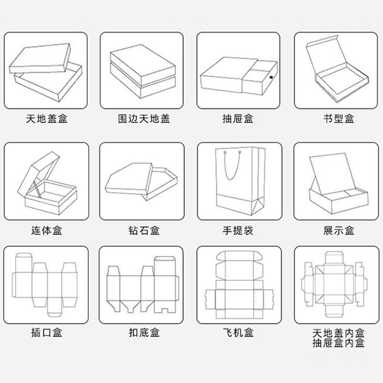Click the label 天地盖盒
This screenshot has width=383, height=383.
pos(46,119)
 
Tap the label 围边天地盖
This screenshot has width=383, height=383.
pos(144,119)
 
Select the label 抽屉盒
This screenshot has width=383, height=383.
pos(238,119)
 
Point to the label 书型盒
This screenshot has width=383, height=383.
pos(339,119)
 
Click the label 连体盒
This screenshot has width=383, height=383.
pos(46,230)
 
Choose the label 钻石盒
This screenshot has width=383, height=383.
pos(144,230)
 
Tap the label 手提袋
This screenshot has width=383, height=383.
pos(238,230)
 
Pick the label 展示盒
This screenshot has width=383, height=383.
pos(339,230)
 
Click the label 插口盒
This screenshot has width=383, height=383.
pos(46,333)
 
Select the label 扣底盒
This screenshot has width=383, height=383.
pos(144,333)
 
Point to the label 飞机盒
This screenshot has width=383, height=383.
pos(238,333)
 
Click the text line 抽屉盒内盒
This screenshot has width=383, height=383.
pos(338,343)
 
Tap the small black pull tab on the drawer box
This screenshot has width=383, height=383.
pos(270,78)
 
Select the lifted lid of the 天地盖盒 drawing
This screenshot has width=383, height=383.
pos(39,58)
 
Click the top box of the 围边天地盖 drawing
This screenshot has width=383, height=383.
pos(143,65)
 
